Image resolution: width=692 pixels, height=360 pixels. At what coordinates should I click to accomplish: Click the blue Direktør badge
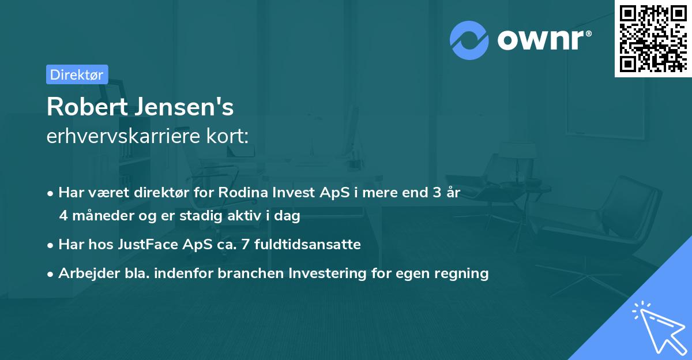pos(77,74)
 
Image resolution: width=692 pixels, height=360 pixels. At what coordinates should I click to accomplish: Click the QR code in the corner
pos(653,38)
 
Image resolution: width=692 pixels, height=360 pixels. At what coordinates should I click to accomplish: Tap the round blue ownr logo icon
pos(469,40)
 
